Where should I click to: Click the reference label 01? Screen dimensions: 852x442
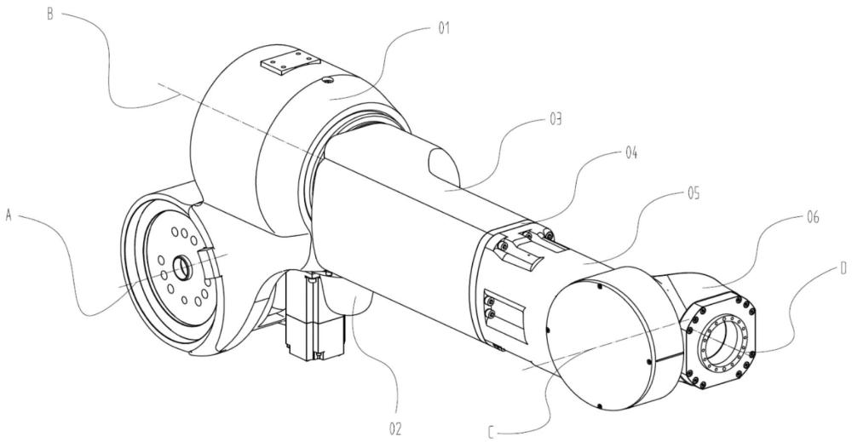tap(444, 28)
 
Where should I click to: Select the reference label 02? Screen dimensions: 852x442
tap(395, 429)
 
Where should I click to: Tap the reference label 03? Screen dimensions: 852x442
tap(555, 119)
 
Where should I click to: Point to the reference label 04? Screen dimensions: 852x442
tap(630, 153)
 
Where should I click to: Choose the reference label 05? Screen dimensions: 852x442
tap(694, 193)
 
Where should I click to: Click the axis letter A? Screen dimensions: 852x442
tap(9, 215)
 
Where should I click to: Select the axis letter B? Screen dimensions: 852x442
tap(50, 14)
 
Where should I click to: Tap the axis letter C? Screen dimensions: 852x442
tap(492, 433)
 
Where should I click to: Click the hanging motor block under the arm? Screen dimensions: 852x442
tap(315, 316)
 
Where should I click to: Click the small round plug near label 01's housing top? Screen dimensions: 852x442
tap(327, 81)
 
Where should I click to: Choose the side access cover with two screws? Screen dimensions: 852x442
tap(504, 314)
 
